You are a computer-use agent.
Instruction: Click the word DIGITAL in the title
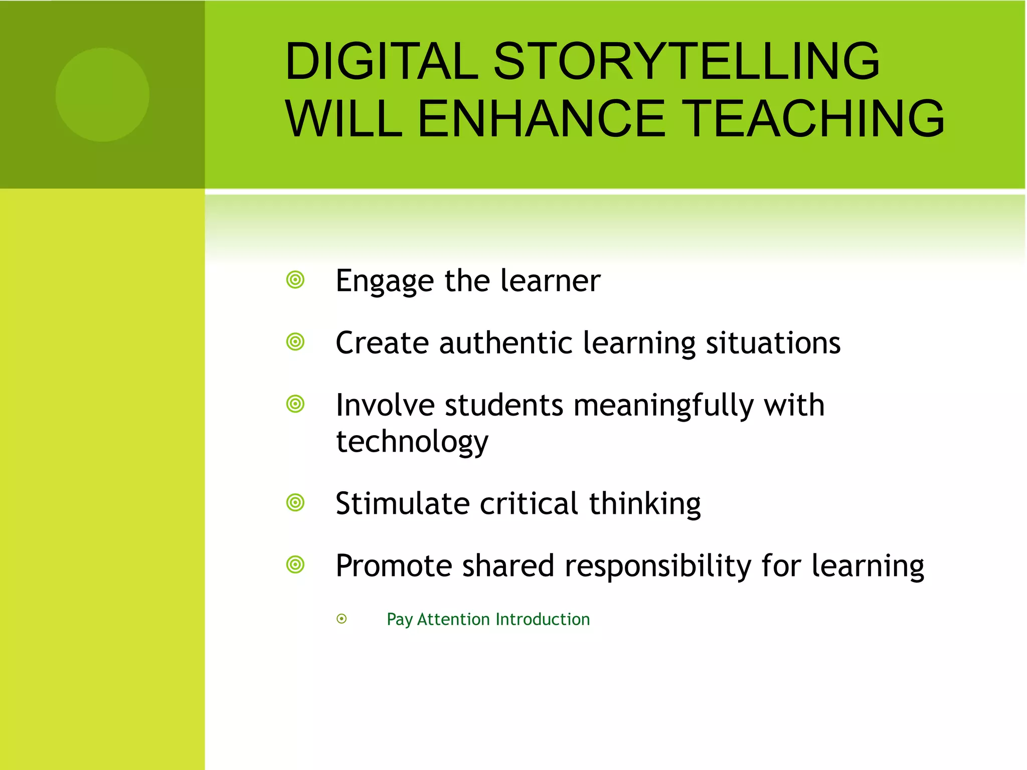(381, 61)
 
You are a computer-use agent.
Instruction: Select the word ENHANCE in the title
(542, 119)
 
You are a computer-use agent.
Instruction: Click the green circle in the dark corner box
(102, 95)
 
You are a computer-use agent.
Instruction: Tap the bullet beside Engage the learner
(295, 280)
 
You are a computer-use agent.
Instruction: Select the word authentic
(505, 343)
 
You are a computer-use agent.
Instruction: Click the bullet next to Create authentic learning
(295, 342)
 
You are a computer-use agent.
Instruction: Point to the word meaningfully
(663, 406)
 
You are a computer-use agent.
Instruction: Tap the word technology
(412, 442)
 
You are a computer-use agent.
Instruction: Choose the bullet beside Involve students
(295, 404)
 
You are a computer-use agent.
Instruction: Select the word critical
(529, 503)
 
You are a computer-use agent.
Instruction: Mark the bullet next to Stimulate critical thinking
(295, 502)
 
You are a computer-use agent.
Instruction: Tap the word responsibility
(657, 566)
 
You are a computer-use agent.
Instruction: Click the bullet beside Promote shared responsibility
(295, 564)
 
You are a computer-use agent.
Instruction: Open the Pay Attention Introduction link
(488, 620)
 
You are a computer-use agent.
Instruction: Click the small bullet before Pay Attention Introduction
(341, 619)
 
